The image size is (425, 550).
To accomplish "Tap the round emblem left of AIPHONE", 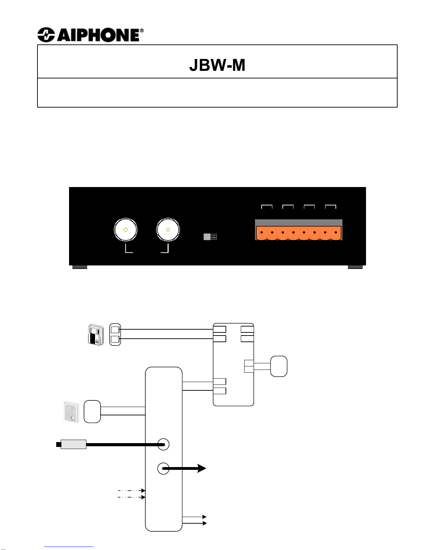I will coord(46,35).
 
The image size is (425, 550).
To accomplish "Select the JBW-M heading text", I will coord(217,65).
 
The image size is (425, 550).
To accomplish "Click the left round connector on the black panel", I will coord(126,230).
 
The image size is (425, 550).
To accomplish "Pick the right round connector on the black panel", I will coord(168,230).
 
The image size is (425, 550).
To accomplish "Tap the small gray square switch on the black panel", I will coord(207,237).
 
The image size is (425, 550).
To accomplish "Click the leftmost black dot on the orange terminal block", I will coord(262,232).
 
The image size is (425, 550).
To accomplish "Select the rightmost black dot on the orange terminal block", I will coord(336,232).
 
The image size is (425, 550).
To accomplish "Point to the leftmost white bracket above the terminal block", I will coord(267,206).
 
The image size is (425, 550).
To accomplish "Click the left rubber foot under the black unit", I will coord(79,267).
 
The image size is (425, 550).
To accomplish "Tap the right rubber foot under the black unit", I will coord(355,267).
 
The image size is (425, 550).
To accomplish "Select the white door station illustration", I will coord(71,412).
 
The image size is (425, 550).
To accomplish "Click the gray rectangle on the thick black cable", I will coord(74,444).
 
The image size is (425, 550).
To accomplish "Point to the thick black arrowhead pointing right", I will coord(202,468).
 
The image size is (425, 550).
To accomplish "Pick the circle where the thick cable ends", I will coord(163,444).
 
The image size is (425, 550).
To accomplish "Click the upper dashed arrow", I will coord(131,491).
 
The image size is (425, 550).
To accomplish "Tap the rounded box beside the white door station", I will coord(92,412).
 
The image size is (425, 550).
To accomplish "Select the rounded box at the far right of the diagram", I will coord(279,366).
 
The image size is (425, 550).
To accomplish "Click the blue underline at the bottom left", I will coord(69,547).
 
